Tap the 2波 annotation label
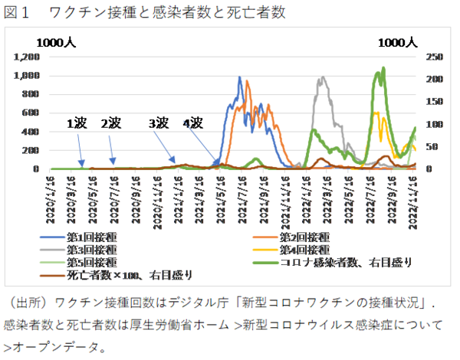[x=112, y=123]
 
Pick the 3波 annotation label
[x=159, y=123]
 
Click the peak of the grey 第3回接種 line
[x=323, y=77]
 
